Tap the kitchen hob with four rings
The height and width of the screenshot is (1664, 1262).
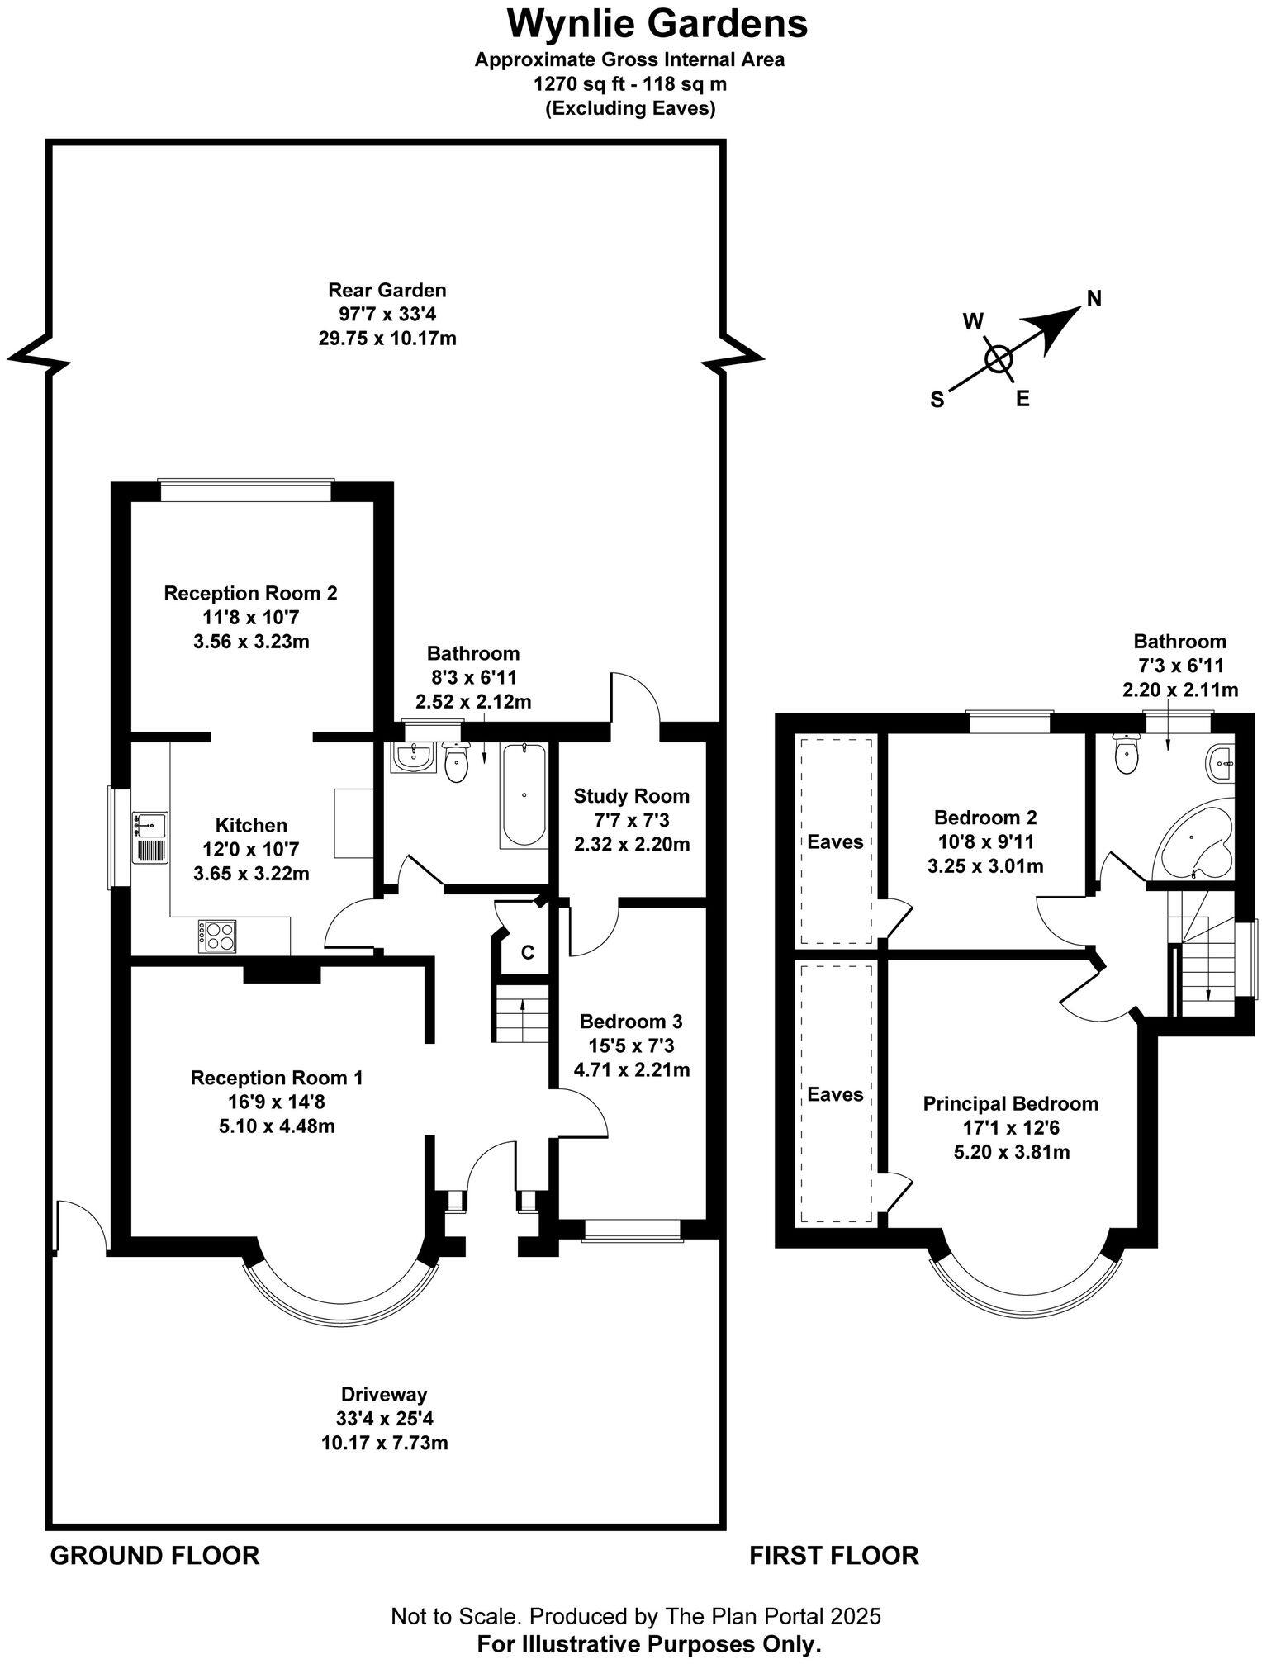coord(216,936)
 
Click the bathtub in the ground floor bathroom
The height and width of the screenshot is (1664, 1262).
coord(524,794)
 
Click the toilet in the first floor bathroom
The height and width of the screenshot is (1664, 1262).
coord(1125,755)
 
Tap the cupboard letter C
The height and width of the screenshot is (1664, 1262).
coord(527,952)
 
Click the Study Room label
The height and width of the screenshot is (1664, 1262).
coord(631,796)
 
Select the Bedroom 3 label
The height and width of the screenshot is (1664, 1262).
coord(631,1022)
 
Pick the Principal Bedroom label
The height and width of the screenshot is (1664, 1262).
coord(1010,1103)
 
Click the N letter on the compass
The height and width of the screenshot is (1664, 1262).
coord(1094,299)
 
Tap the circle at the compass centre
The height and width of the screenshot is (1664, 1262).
coord(999,358)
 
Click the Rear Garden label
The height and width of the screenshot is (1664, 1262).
coord(387,290)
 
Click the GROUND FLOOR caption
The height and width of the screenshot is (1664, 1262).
coord(154,1555)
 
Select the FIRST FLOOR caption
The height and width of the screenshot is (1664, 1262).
coord(833,1555)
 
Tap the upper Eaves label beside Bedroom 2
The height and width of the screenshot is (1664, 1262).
coord(835,841)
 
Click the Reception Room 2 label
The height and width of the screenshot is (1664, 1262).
coord(250,593)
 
